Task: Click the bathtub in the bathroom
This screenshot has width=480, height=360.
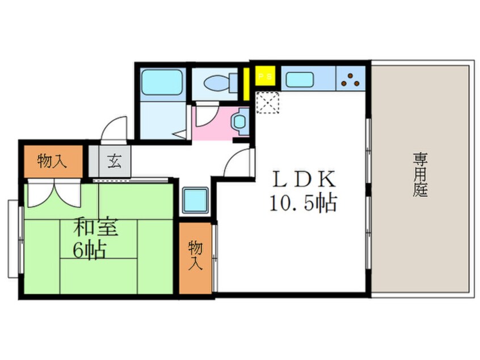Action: [x=162, y=82]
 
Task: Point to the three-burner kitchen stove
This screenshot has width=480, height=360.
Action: [x=350, y=79]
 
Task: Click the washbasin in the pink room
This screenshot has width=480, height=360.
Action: [x=239, y=121]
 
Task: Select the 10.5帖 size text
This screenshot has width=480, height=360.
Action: [x=303, y=203]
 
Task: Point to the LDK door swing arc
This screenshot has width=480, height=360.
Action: [x=237, y=163]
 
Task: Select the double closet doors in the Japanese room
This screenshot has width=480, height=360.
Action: [x=53, y=194]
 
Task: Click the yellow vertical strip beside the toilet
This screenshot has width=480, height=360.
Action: [x=247, y=83]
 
